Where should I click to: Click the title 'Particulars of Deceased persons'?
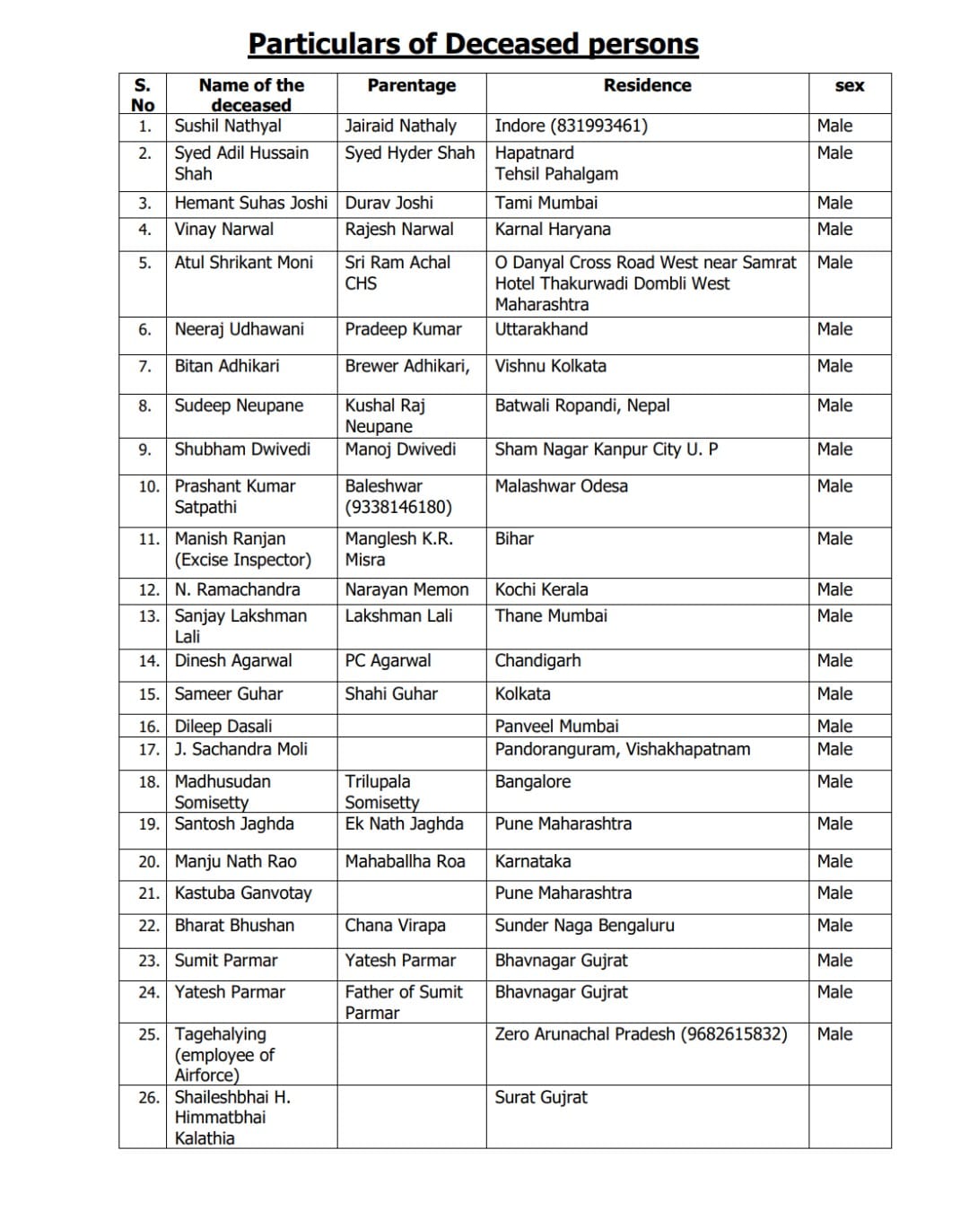click(x=473, y=44)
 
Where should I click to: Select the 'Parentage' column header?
click(x=411, y=85)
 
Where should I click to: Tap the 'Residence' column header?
click(x=647, y=85)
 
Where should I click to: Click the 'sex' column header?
click(x=849, y=86)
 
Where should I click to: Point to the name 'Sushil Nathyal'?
click(x=228, y=126)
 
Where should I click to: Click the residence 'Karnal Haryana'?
click(x=553, y=229)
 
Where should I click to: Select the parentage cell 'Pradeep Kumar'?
click(x=403, y=329)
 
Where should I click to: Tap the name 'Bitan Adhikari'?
click(x=227, y=366)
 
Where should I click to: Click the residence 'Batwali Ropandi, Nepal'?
click(x=582, y=405)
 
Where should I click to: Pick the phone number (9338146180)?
click(x=398, y=507)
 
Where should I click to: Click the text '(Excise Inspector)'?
click(x=242, y=560)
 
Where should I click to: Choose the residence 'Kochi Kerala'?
click(x=541, y=589)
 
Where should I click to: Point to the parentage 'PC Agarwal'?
click(x=388, y=661)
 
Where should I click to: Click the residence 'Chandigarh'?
click(x=537, y=661)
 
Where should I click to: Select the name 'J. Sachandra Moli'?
click(x=240, y=749)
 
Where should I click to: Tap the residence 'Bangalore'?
click(x=532, y=781)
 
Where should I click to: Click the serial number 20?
click(x=149, y=862)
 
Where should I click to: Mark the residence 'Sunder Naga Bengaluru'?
click(x=584, y=926)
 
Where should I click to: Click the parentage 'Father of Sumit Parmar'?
click(x=404, y=1002)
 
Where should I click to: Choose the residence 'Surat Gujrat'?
click(x=541, y=1097)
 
